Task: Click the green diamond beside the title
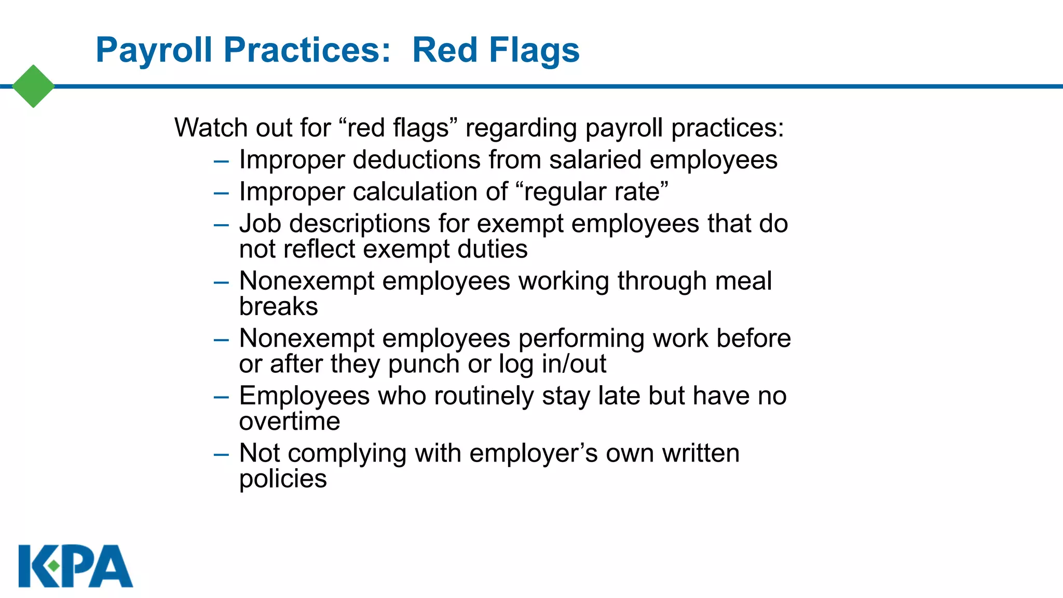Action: coord(33,86)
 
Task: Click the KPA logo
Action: coord(76,566)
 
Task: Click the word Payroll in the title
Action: coord(154,50)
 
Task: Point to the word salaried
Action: coord(595,160)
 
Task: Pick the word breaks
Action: coord(278,307)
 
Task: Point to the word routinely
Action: coord(484,396)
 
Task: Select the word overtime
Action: coord(290,422)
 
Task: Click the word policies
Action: coord(283,479)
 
